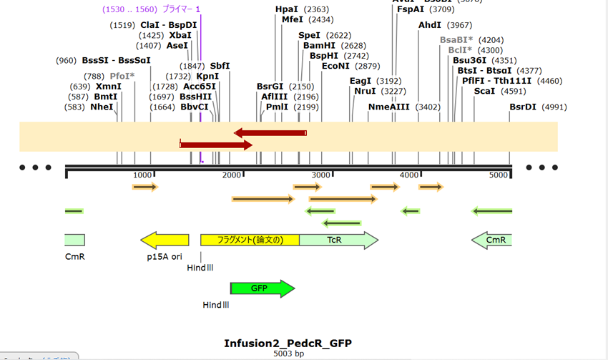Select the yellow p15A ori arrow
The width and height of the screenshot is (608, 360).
(165, 240)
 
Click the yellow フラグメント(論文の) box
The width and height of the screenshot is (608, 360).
(250, 240)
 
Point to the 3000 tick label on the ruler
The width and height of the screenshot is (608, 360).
(321, 175)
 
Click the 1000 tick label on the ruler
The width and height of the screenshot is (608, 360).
(143, 175)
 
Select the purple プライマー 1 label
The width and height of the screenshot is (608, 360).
(182, 9)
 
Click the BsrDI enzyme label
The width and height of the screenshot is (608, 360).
(522, 107)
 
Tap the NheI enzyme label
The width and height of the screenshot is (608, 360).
(102, 107)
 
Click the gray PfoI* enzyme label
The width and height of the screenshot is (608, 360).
(122, 76)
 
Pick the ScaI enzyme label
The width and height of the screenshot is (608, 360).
(484, 91)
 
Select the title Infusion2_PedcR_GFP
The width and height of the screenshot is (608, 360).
(288, 343)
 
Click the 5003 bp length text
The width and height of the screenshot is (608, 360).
(288, 354)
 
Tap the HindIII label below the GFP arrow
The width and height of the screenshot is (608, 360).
(216, 305)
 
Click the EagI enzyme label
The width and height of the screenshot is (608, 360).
(361, 81)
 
